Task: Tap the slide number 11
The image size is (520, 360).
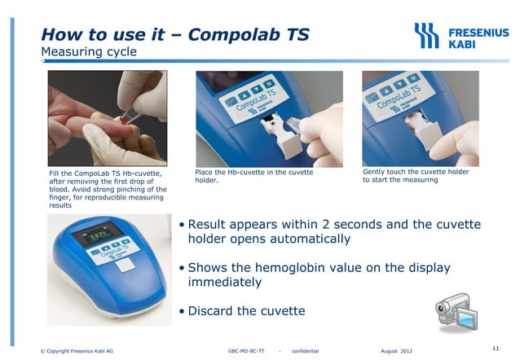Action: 496,348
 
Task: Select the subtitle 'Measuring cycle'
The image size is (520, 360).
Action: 89,53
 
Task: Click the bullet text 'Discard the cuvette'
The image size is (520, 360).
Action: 247,310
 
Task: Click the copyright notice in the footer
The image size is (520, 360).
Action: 77,351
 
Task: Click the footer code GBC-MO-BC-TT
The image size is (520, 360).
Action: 246,351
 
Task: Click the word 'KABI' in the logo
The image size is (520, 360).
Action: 464,44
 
